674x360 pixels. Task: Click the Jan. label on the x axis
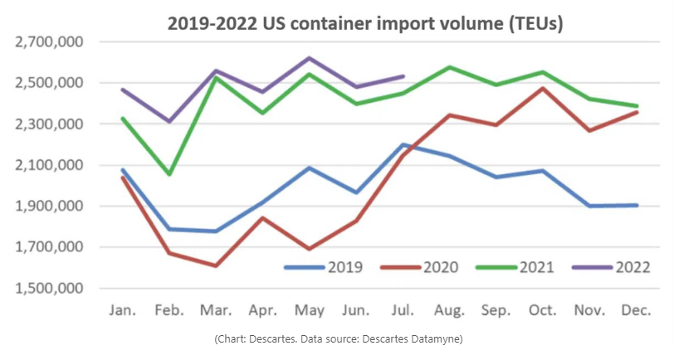(x=123, y=309)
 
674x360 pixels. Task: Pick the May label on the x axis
(x=309, y=309)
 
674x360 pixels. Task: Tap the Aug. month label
(x=450, y=309)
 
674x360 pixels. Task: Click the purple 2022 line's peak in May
(x=310, y=58)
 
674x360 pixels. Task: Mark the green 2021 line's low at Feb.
(x=169, y=174)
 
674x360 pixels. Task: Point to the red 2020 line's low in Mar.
(x=216, y=265)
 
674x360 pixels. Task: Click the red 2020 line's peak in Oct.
(x=544, y=88)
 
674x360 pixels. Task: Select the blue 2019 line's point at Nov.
(x=590, y=206)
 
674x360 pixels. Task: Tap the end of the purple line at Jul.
(x=403, y=76)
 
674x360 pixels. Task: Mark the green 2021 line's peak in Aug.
(x=450, y=67)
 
